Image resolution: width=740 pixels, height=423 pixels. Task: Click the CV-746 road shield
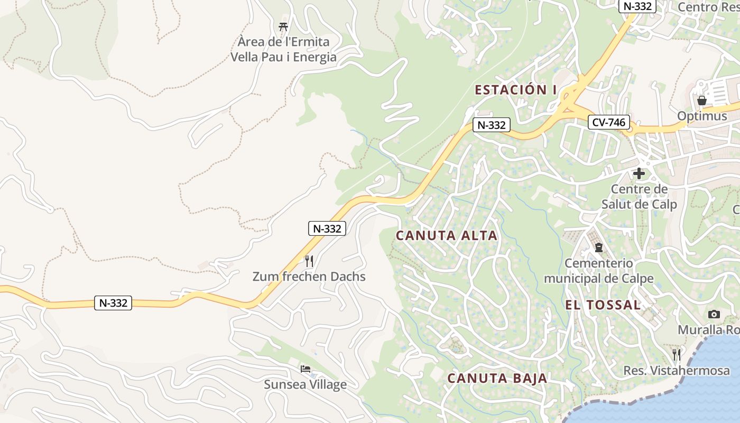609,123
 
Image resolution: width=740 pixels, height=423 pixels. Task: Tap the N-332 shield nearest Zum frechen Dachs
327,228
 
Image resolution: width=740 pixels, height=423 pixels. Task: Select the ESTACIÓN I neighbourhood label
515,90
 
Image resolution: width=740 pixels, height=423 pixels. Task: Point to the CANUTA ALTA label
447,236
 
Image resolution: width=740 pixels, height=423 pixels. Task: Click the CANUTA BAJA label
497,379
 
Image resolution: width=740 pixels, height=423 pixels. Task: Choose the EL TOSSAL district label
603,305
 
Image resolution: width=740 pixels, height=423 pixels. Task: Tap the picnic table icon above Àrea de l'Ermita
283,26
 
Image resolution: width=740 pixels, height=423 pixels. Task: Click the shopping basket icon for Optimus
702,100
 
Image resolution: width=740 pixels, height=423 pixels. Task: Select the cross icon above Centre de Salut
639,173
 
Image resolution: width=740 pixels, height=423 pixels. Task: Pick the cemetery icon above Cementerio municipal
599,247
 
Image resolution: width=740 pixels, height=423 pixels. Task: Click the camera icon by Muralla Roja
714,314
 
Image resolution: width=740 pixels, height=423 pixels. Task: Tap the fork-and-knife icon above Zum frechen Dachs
309,261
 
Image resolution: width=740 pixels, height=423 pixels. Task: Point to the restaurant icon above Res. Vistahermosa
677,354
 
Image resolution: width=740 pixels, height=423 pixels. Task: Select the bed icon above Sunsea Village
306,369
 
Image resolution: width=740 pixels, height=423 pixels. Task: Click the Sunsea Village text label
306,384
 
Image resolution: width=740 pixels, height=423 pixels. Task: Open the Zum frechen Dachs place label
309,277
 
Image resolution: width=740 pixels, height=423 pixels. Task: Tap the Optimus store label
702,116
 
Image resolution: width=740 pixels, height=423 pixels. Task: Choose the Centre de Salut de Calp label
639,197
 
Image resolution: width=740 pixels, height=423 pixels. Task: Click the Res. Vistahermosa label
677,371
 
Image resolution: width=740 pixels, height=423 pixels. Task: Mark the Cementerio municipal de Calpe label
599,271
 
